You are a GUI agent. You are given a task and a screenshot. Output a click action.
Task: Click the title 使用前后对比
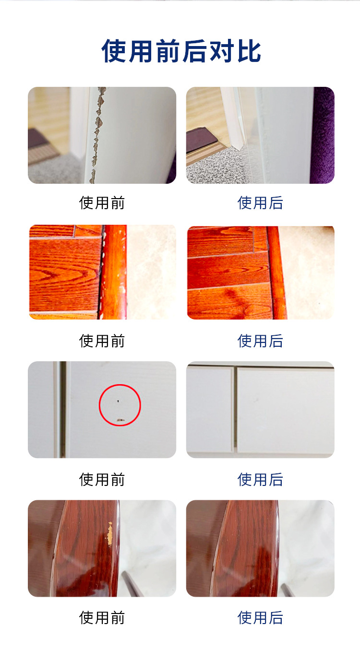click(x=181, y=51)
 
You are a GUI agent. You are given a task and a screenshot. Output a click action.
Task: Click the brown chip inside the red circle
click(x=120, y=420)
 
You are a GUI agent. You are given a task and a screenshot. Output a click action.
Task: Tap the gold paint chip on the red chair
click(x=110, y=533)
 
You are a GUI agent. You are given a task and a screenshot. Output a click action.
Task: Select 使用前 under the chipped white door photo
click(x=102, y=203)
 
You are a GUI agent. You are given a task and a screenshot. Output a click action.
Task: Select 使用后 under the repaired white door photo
click(x=260, y=203)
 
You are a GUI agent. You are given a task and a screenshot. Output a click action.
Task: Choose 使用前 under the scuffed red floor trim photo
click(x=102, y=341)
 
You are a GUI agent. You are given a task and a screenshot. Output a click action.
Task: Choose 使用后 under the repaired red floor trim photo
click(x=260, y=341)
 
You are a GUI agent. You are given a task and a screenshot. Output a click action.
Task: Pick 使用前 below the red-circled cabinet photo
click(x=102, y=479)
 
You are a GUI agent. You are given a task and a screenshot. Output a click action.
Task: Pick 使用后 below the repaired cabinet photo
click(x=260, y=479)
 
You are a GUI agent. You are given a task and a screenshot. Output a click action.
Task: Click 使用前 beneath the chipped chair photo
click(x=102, y=617)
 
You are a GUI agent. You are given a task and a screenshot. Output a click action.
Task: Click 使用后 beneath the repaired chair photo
click(x=260, y=617)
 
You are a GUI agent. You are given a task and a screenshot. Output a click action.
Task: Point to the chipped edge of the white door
click(x=97, y=130)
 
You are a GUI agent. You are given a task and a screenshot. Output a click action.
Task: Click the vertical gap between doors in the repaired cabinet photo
click(x=235, y=410)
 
